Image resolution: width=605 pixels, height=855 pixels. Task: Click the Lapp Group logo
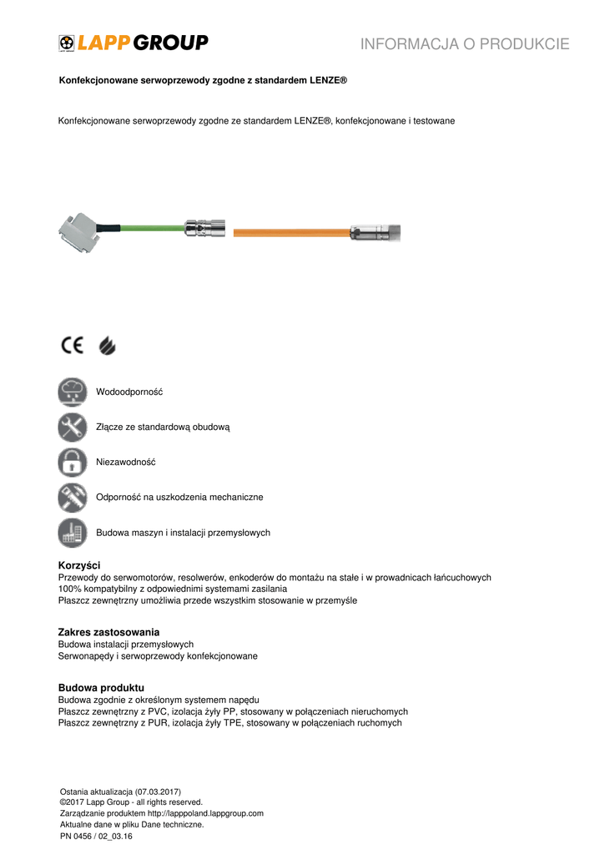134,43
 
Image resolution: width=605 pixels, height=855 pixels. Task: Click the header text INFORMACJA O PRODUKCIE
465,44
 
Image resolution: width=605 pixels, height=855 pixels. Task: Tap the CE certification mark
72,345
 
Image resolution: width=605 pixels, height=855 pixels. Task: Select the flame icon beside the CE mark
108,345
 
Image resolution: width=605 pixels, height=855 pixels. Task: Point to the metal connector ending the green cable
204,227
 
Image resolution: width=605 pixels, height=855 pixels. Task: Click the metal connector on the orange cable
376,230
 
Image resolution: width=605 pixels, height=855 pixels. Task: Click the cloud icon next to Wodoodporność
73,392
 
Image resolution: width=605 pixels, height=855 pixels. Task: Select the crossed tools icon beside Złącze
73,427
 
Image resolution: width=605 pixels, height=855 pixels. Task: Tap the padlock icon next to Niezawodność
73,462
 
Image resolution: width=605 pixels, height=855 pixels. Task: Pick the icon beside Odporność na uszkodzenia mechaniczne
73,497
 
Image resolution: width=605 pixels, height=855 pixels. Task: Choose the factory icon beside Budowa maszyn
73,532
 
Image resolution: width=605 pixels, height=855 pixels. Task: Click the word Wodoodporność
129,392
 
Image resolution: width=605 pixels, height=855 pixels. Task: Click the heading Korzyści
78,565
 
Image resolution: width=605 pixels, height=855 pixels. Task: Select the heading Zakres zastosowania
108,632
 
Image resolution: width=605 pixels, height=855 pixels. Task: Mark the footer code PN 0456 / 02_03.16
96,835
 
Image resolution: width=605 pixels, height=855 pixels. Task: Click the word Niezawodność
126,462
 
